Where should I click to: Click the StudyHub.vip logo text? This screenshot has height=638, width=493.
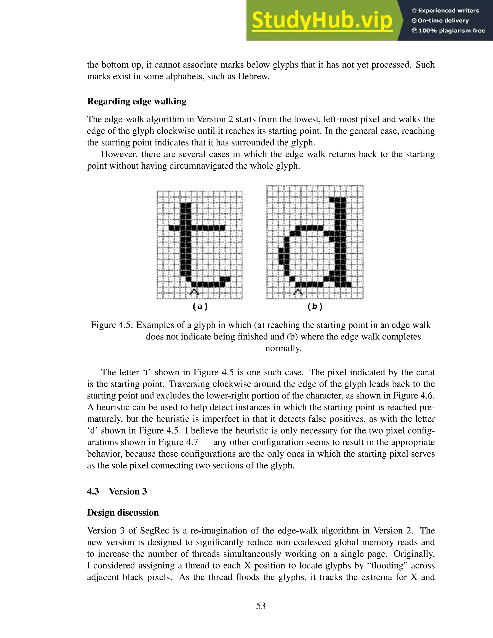(321, 21)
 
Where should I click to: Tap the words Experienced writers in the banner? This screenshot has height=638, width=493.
(448, 11)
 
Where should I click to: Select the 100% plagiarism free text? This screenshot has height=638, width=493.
(452, 31)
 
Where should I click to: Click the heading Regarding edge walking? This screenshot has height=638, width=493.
(137, 101)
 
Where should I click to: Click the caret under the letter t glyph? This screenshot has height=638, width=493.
(194, 292)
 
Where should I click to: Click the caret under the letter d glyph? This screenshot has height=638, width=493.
(298, 292)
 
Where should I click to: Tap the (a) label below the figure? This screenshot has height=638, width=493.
(200, 306)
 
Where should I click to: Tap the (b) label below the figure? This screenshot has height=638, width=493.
(315, 306)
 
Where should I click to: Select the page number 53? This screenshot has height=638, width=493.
(261, 606)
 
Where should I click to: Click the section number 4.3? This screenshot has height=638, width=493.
(93, 492)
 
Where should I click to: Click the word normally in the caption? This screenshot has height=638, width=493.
(283, 349)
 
